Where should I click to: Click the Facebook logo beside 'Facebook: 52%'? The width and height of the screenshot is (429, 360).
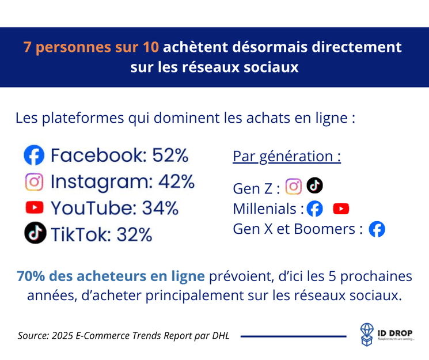pos(34,156)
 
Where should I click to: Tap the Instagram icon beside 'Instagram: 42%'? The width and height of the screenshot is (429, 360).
pos(35,182)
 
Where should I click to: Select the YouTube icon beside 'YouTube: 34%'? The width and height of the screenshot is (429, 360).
pos(35,207)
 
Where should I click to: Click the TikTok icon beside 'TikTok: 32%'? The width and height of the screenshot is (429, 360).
pos(35,233)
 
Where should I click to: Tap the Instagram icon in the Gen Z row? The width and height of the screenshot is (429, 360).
pos(294,187)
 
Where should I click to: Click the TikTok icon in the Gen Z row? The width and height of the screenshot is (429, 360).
pos(314,185)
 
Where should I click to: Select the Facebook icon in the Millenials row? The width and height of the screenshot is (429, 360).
pos(314,209)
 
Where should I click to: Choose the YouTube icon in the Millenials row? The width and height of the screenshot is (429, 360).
pos(341,209)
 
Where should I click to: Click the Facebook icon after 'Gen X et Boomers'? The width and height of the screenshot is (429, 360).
pos(377,229)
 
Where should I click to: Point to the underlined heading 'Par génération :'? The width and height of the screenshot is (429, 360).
pos(286,156)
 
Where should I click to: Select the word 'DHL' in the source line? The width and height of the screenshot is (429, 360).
pos(219,335)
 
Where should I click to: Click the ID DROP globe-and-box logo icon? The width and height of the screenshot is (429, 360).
pos(367,334)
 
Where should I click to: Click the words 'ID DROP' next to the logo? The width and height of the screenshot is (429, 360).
pos(394,331)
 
